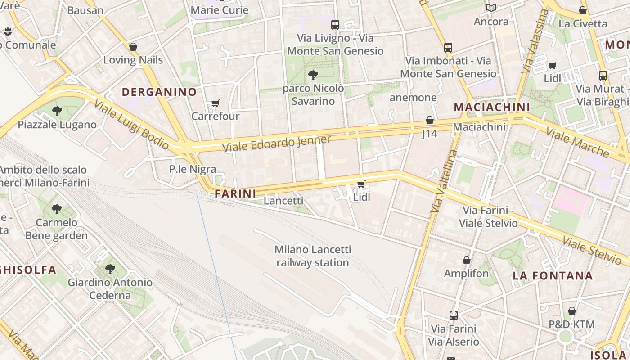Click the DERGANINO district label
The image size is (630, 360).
[x=159, y=92]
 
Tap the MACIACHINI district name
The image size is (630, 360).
[x=492, y=107]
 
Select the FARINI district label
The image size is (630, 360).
[x=235, y=194]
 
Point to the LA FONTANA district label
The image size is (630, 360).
[x=553, y=276]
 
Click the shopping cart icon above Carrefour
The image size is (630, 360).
[x=216, y=103]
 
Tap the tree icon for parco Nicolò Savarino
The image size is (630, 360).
[x=313, y=75]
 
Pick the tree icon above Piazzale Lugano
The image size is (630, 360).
[x=57, y=111]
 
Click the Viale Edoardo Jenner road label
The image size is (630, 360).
[x=277, y=144]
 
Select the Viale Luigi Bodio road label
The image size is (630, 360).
[x=131, y=124]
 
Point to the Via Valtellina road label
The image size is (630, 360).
[x=443, y=181]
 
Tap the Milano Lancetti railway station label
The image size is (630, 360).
[x=313, y=256]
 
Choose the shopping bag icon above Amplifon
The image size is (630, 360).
[x=467, y=260]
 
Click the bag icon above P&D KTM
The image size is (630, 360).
[x=571, y=311]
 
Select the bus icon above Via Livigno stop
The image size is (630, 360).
[x=335, y=25]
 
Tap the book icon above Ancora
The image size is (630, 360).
[x=491, y=8]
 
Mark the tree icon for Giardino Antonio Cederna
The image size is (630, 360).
[x=110, y=269]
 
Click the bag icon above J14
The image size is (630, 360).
[x=430, y=120]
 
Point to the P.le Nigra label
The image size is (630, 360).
[x=193, y=169]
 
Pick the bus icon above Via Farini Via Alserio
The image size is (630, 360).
[x=453, y=315]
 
